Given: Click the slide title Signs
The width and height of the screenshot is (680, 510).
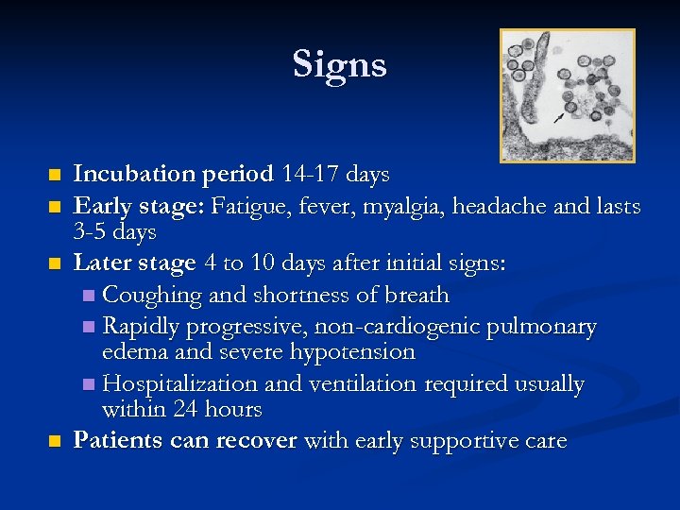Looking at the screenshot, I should click(x=339, y=64).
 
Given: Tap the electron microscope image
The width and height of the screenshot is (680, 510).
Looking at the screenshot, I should click(x=567, y=94).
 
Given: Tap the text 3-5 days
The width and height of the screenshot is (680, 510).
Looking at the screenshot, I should click(x=114, y=231).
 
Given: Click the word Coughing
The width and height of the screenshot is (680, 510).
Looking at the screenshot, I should click(x=151, y=295).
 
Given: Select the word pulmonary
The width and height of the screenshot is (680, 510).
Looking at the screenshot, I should click(x=551, y=327).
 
